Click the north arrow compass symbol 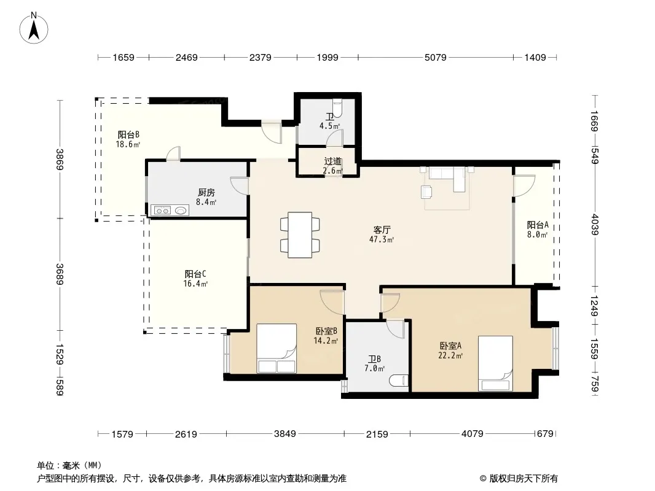pyautogui.click(x=34, y=28)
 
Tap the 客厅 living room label pyautogui.click(x=382, y=230)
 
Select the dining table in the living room pyautogui.click(x=300, y=235)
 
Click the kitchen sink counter pyautogui.click(x=170, y=211)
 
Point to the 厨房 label pyautogui.click(x=206, y=192)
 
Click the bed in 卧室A pyautogui.click(x=495, y=363)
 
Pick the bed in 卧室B pyautogui.click(x=277, y=349)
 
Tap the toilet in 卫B pyautogui.click(x=398, y=381)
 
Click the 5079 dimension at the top pyautogui.click(x=435, y=58)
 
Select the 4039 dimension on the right pyautogui.click(x=595, y=225)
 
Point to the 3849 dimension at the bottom pyautogui.click(x=285, y=434)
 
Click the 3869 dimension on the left pyautogui.click(x=60, y=160)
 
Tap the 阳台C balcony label pyautogui.click(x=195, y=274)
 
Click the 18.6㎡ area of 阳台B pyautogui.click(x=128, y=144)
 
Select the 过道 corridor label pyautogui.click(x=333, y=161)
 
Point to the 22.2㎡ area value pyautogui.click(x=450, y=355)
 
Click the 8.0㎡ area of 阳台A pyautogui.click(x=537, y=234)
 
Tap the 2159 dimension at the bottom pyautogui.click(x=377, y=435)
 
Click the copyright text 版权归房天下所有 pyautogui.click(x=524, y=479)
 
